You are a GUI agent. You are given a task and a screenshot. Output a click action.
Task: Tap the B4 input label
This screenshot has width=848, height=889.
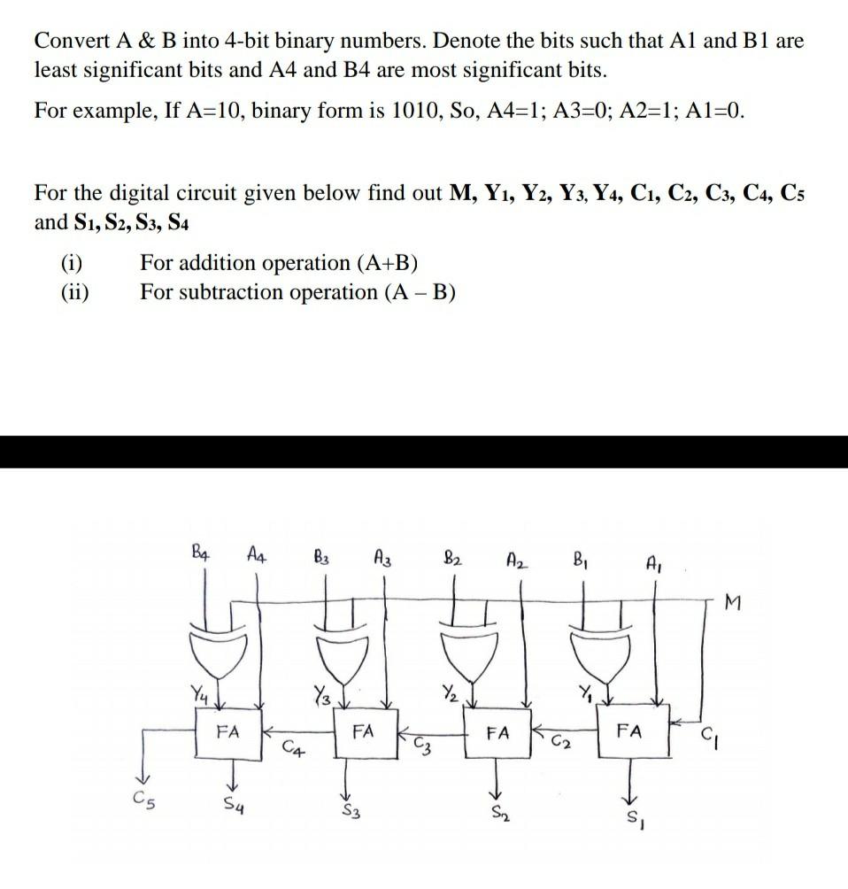click(202, 556)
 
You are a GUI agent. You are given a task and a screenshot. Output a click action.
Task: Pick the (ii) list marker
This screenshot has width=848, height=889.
click(75, 291)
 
